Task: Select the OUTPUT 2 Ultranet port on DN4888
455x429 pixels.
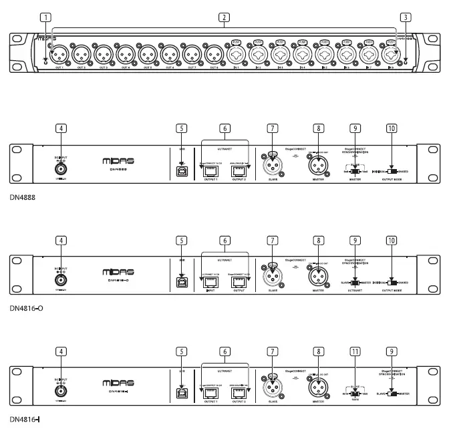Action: coord(238,172)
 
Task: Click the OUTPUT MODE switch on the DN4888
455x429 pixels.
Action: coord(391,172)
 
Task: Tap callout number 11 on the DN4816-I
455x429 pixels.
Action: coord(355,350)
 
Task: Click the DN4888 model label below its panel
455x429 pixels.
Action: coord(22,198)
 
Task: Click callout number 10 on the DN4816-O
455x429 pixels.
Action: coord(391,240)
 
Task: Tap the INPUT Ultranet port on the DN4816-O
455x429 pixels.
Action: coord(208,282)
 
